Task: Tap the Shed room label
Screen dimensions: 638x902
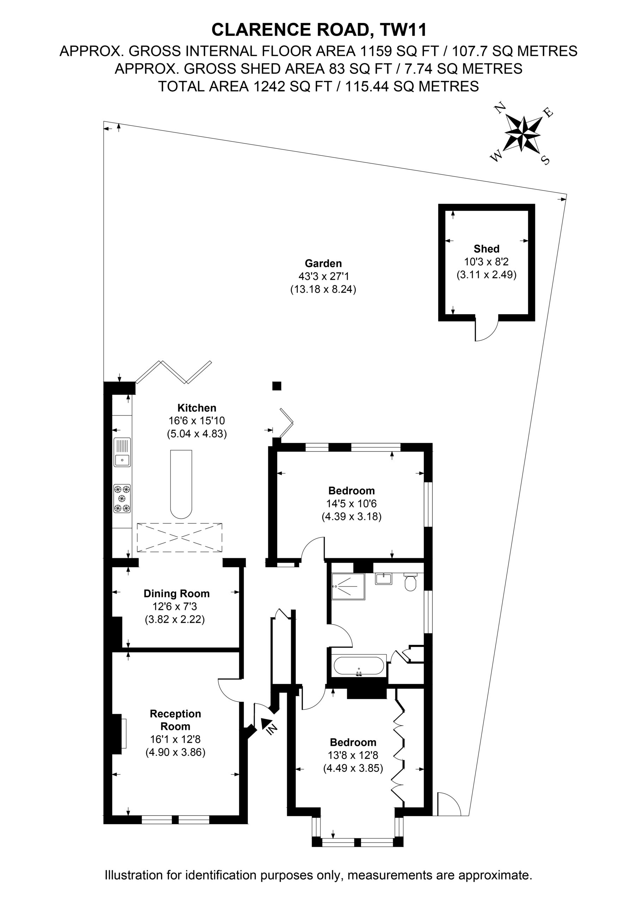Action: pyautogui.click(x=486, y=249)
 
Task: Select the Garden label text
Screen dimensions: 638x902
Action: pyautogui.click(x=323, y=263)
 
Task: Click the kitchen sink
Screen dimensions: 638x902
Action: pyautogui.click(x=122, y=452)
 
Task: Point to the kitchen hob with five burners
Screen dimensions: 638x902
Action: pyautogui.click(x=122, y=499)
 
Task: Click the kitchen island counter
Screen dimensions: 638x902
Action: pyautogui.click(x=181, y=484)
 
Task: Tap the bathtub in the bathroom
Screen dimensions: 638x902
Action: pyautogui.click(x=359, y=666)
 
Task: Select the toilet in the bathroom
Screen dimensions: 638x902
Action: pyautogui.click(x=411, y=582)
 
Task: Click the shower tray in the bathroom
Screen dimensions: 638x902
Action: pyautogui.click(x=348, y=587)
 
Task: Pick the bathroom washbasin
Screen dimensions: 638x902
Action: pyautogui.click(x=383, y=578)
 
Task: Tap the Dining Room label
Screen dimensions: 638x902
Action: pyautogui.click(x=177, y=593)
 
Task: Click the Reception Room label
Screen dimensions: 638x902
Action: pyautogui.click(x=175, y=720)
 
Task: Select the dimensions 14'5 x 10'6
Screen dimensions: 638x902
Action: pyautogui.click(x=351, y=503)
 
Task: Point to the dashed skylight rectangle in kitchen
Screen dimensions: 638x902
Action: pyautogui.click(x=180, y=537)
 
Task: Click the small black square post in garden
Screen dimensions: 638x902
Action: pyautogui.click(x=277, y=386)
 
